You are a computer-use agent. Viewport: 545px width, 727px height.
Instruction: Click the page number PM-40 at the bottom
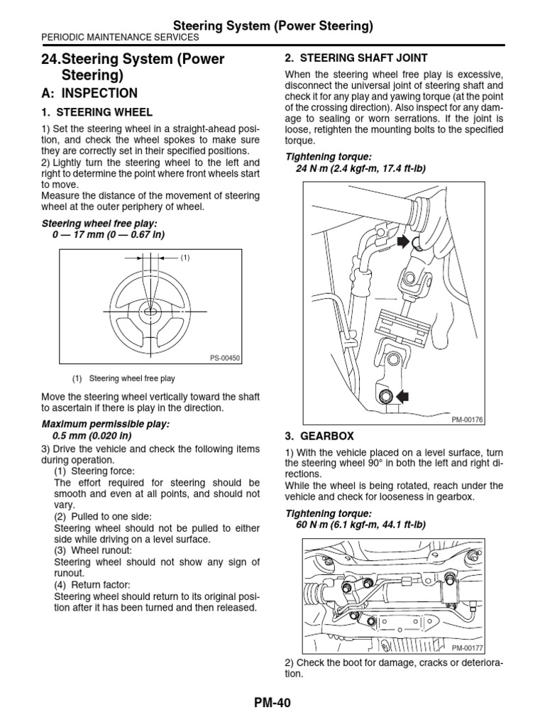coord(272,702)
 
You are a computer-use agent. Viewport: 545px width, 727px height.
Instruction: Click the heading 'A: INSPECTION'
coord(89,93)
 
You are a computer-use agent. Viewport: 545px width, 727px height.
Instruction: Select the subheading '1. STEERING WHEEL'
coord(97,112)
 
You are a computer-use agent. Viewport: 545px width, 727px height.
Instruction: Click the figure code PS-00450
coord(225,359)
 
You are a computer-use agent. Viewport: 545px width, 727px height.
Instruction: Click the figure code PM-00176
coord(467,420)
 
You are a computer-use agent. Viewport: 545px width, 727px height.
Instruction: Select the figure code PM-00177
coord(467,648)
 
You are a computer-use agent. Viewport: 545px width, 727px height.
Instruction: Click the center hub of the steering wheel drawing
coord(150,311)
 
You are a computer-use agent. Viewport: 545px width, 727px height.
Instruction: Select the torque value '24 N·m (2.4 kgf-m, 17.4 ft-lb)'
coord(360,168)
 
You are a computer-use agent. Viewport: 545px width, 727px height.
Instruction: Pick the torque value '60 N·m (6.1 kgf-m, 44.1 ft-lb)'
coord(360,525)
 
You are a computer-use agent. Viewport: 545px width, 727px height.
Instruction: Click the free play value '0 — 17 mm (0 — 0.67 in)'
coord(108,234)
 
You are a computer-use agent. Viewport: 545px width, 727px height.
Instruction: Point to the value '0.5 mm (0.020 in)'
coord(92,435)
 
